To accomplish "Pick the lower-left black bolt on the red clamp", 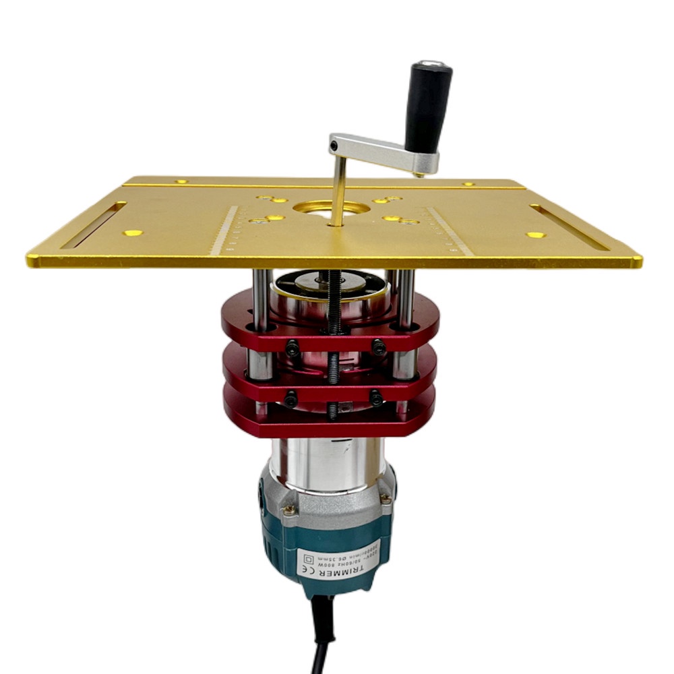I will click(x=290, y=400).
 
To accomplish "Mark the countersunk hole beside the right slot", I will click(x=536, y=235).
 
